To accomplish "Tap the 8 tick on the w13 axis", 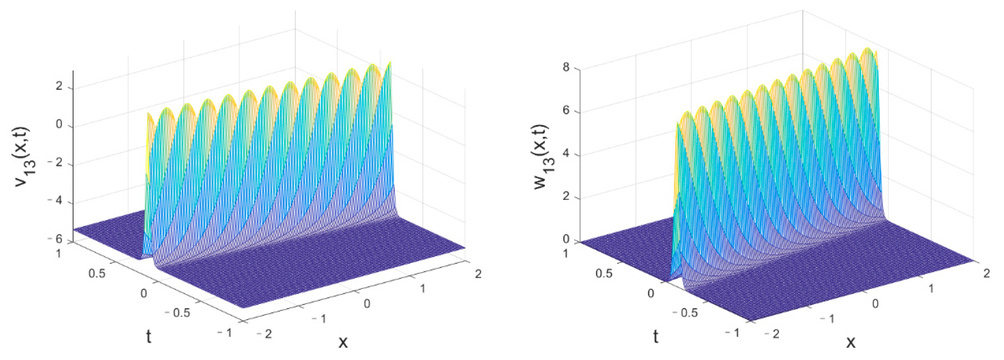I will (566, 68).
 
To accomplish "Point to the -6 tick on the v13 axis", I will (55, 239).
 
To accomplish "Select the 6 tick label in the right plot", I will (566, 111).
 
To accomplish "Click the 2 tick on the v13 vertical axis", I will (59, 86).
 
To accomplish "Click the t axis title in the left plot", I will (148, 336).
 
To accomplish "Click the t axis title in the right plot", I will (656, 336).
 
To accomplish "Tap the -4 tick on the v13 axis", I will (55, 202).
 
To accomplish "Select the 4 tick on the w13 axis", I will (566, 154).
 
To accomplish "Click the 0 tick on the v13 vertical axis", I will (59, 125).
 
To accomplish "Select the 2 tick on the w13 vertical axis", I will (566, 197).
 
